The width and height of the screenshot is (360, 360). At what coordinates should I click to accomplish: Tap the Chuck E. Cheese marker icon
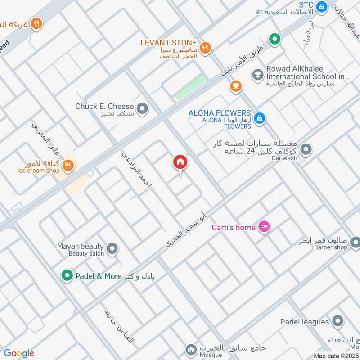(x=143, y=108)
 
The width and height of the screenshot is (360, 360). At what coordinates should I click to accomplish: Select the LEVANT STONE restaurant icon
(x=205, y=48)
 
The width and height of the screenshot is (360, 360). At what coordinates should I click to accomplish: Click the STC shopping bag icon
(x=321, y=7)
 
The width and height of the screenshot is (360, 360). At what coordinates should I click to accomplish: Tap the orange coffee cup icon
(x=235, y=86)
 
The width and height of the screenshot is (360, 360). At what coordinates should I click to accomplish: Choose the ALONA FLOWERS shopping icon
(x=259, y=118)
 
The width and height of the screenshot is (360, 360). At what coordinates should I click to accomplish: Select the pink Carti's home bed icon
(x=264, y=227)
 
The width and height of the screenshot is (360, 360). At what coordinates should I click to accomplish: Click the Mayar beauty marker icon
(x=112, y=248)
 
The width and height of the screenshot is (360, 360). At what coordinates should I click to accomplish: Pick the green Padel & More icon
(x=67, y=274)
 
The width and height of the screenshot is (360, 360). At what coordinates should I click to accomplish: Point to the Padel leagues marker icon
(x=337, y=321)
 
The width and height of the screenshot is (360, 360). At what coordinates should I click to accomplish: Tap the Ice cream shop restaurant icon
(x=68, y=166)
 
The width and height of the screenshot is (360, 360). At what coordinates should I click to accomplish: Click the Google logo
(x=19, y=353)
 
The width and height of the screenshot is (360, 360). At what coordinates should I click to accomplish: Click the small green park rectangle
(x=191, y=87)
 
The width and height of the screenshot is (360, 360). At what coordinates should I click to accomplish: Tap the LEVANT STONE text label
(x=168, y=43)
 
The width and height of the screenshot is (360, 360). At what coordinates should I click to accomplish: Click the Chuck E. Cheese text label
(x=104, y=107)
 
